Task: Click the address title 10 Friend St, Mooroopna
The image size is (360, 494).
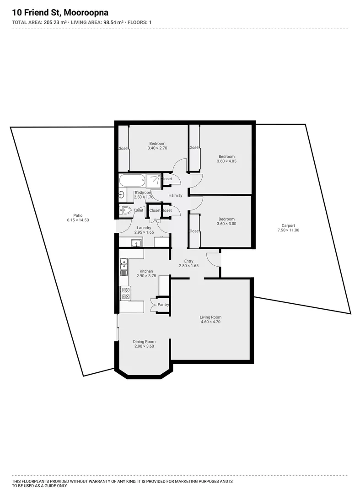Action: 60,13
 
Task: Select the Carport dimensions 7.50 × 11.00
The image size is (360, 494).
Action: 288,230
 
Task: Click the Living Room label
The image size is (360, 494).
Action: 210,317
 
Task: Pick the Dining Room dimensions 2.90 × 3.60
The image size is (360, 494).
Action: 144,346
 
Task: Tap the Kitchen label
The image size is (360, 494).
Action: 146,271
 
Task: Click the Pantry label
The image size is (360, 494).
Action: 163,305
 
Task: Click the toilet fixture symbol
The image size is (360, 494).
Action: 125,210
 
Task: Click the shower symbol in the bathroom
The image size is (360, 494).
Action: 154,181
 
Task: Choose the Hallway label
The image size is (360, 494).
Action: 175,195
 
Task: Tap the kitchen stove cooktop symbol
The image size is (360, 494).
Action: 125,293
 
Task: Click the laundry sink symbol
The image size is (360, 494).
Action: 135,243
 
